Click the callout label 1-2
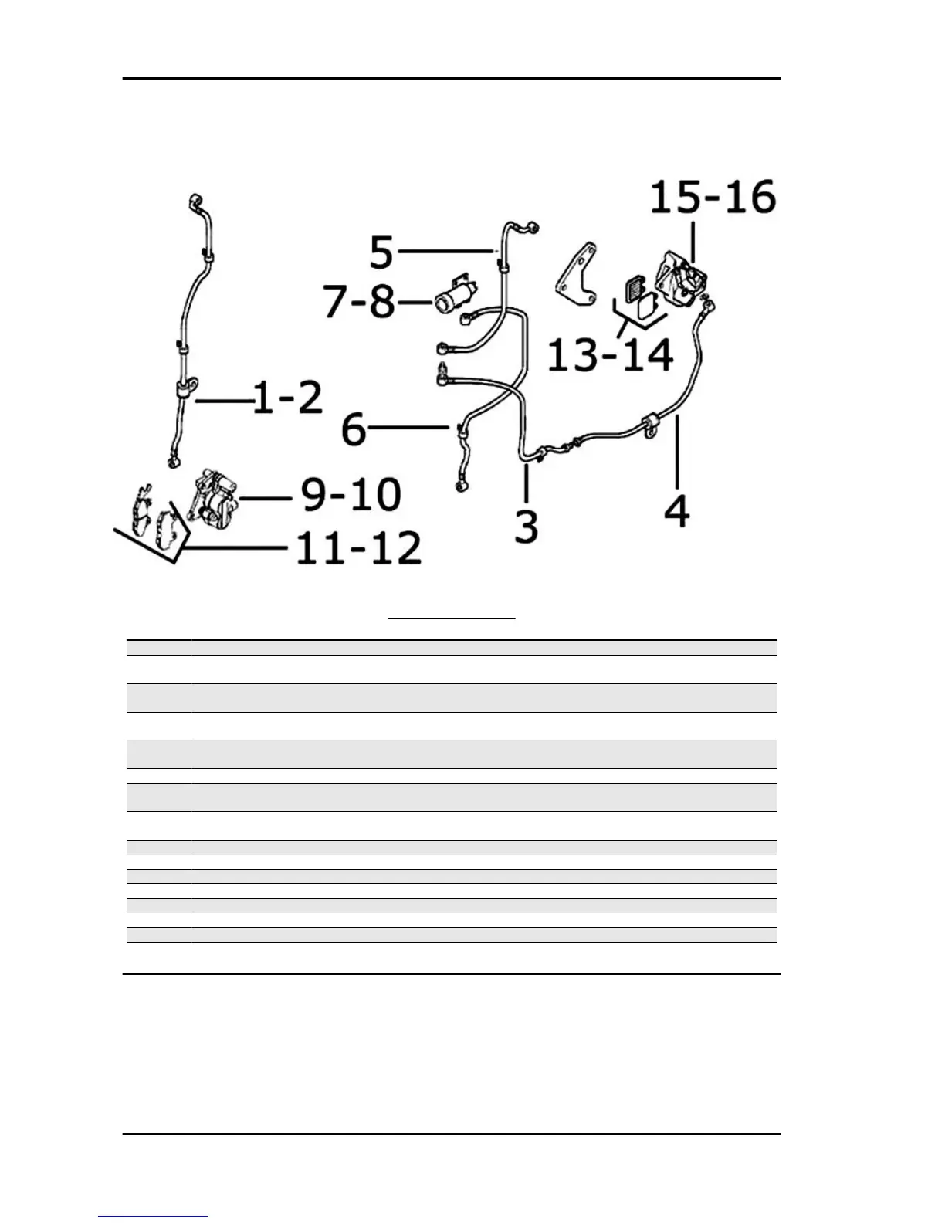[x=288, y=398]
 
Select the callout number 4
[x=677, y=510]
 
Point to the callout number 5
[x=382, y=252]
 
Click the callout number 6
[x=354, y=429]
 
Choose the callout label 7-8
[x=371, y=302]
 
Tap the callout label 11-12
[x=358, y=547]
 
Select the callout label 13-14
[x=610, y=354]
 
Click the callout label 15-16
[x=713, y=198]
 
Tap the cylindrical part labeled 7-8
[x=456, y=296]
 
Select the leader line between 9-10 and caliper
[x=266, y=499]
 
